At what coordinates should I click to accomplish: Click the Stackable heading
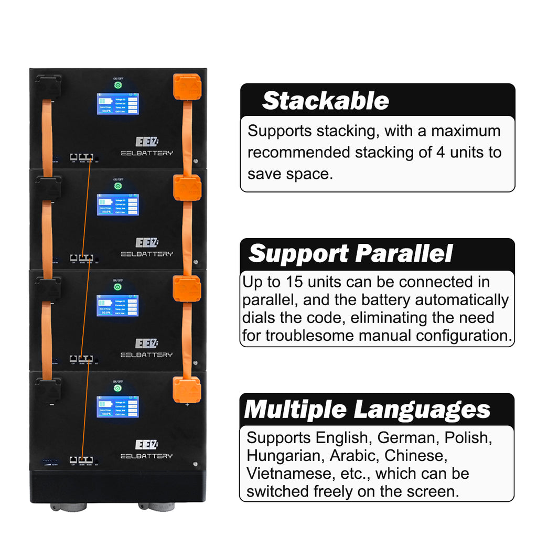click(x=325, y=101)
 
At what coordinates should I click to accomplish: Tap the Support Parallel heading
click(x=350, y=254)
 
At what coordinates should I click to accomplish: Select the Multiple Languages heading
click(x=367, y=410)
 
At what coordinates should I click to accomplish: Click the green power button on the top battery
click(x=117, y=85)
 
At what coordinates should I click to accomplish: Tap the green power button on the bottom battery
click(x=117, y=388)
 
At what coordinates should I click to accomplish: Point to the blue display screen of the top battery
click(x=117, y=104)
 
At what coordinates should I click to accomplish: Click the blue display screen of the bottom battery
click(x=117, y=407)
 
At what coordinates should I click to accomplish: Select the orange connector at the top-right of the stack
click(x=187, y=87)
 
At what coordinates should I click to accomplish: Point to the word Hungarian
click(x=277, y=456)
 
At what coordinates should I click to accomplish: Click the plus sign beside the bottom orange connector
click(x=187, y=404)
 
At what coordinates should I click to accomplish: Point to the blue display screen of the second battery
click(x=117, y=205)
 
